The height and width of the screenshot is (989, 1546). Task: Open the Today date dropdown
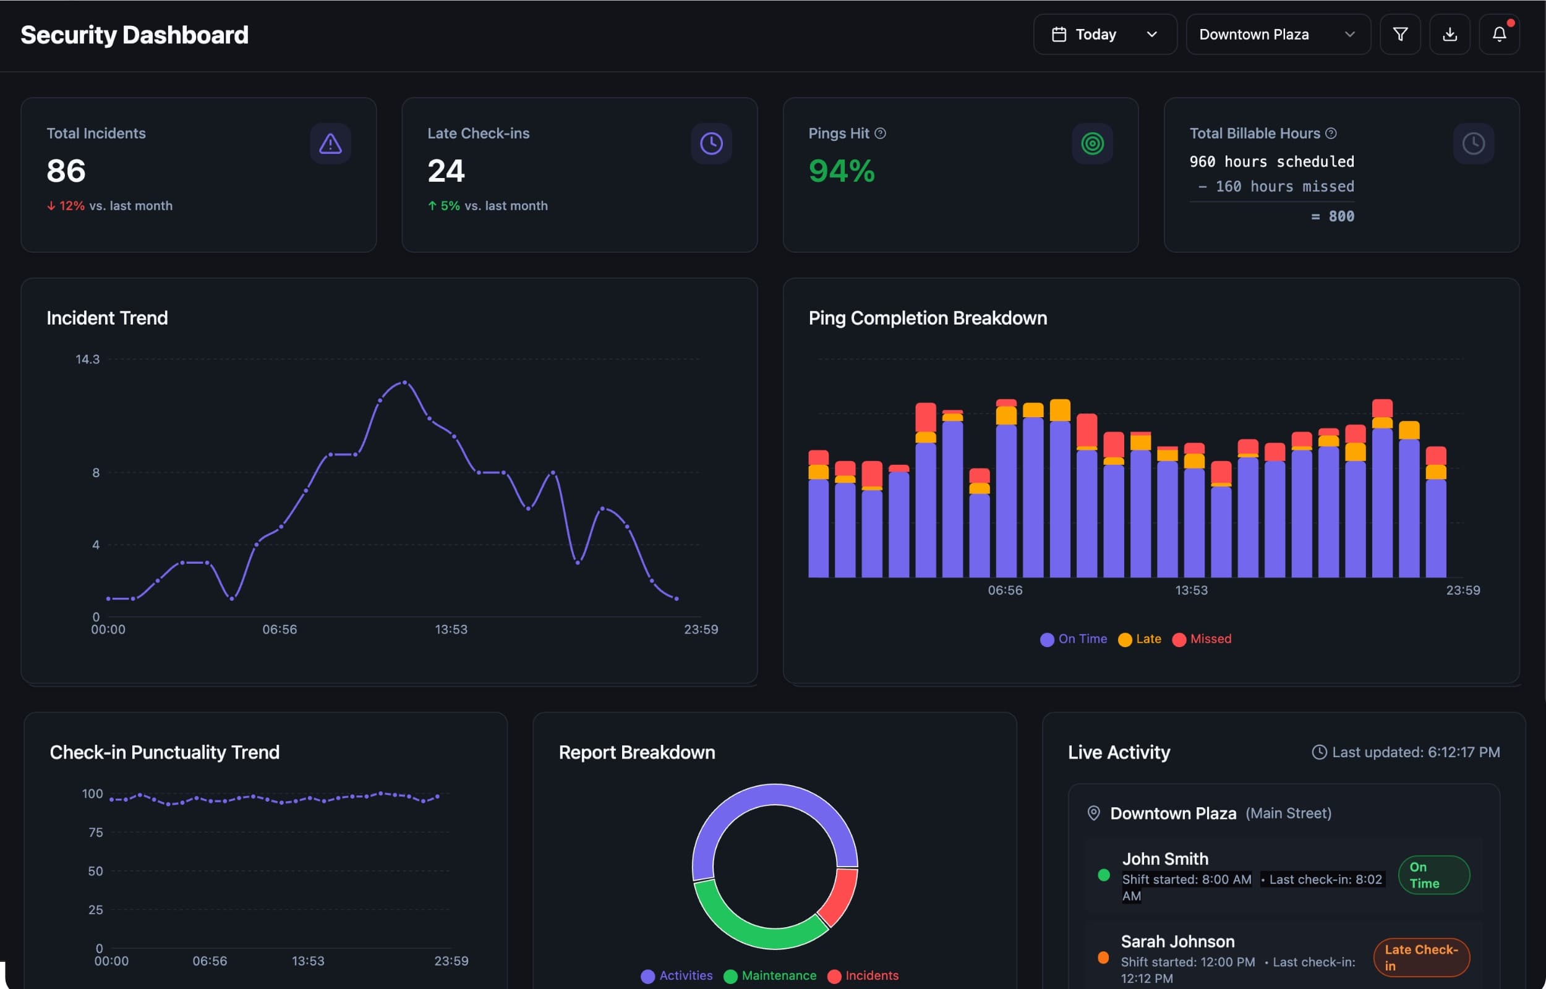pyautogui.click(x=1104, y=34)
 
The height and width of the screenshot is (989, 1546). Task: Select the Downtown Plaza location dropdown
pyautogui.click(x=1277, y=34)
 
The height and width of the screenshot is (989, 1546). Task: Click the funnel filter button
pyautogui.click(x=1399, y=34)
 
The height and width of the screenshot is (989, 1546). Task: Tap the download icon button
pyautogui.click(x=1449, y=34)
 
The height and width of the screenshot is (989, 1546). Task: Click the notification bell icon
pyautogui.click(x=1498, y=34)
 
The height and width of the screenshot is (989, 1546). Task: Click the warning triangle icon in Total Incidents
pyautogui.click(x=330, y=143)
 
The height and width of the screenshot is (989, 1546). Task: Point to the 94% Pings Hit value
pyautogui.click(x=842, y=171)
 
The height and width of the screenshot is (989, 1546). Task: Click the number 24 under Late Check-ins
pyautogui.click(x=446, y=171)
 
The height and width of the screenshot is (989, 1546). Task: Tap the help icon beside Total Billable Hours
pyautogui.click(x=1331, y=133)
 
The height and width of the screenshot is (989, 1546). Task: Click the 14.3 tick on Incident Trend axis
pyautogui.click(x=87, y=359)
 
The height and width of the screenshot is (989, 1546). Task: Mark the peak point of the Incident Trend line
pyautogui.click(x=404, y=383)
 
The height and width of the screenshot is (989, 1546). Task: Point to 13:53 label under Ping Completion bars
pyautogui.click(x=1191, y=590)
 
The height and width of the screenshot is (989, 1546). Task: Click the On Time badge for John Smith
pyautogui.click(x=1433, y=875)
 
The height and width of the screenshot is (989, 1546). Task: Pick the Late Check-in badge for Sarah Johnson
pyautogui.click(x=1420, y=957)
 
